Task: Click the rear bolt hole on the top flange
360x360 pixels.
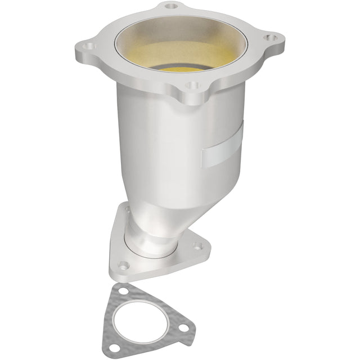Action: coord(172,7)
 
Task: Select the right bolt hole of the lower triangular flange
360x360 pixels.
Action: coord(197,245)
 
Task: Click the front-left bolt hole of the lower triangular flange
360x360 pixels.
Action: coord(124,264)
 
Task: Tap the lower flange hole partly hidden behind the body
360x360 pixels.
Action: coord(128,210)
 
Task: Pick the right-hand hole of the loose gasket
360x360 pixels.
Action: coord(183,328)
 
